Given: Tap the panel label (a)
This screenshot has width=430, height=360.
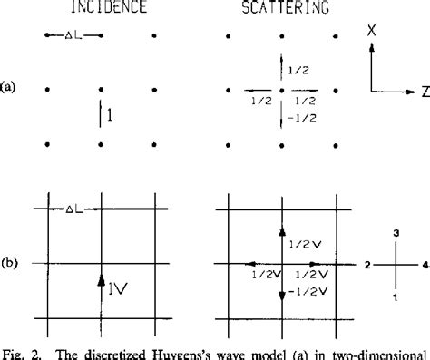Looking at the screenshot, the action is click(9, 88).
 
